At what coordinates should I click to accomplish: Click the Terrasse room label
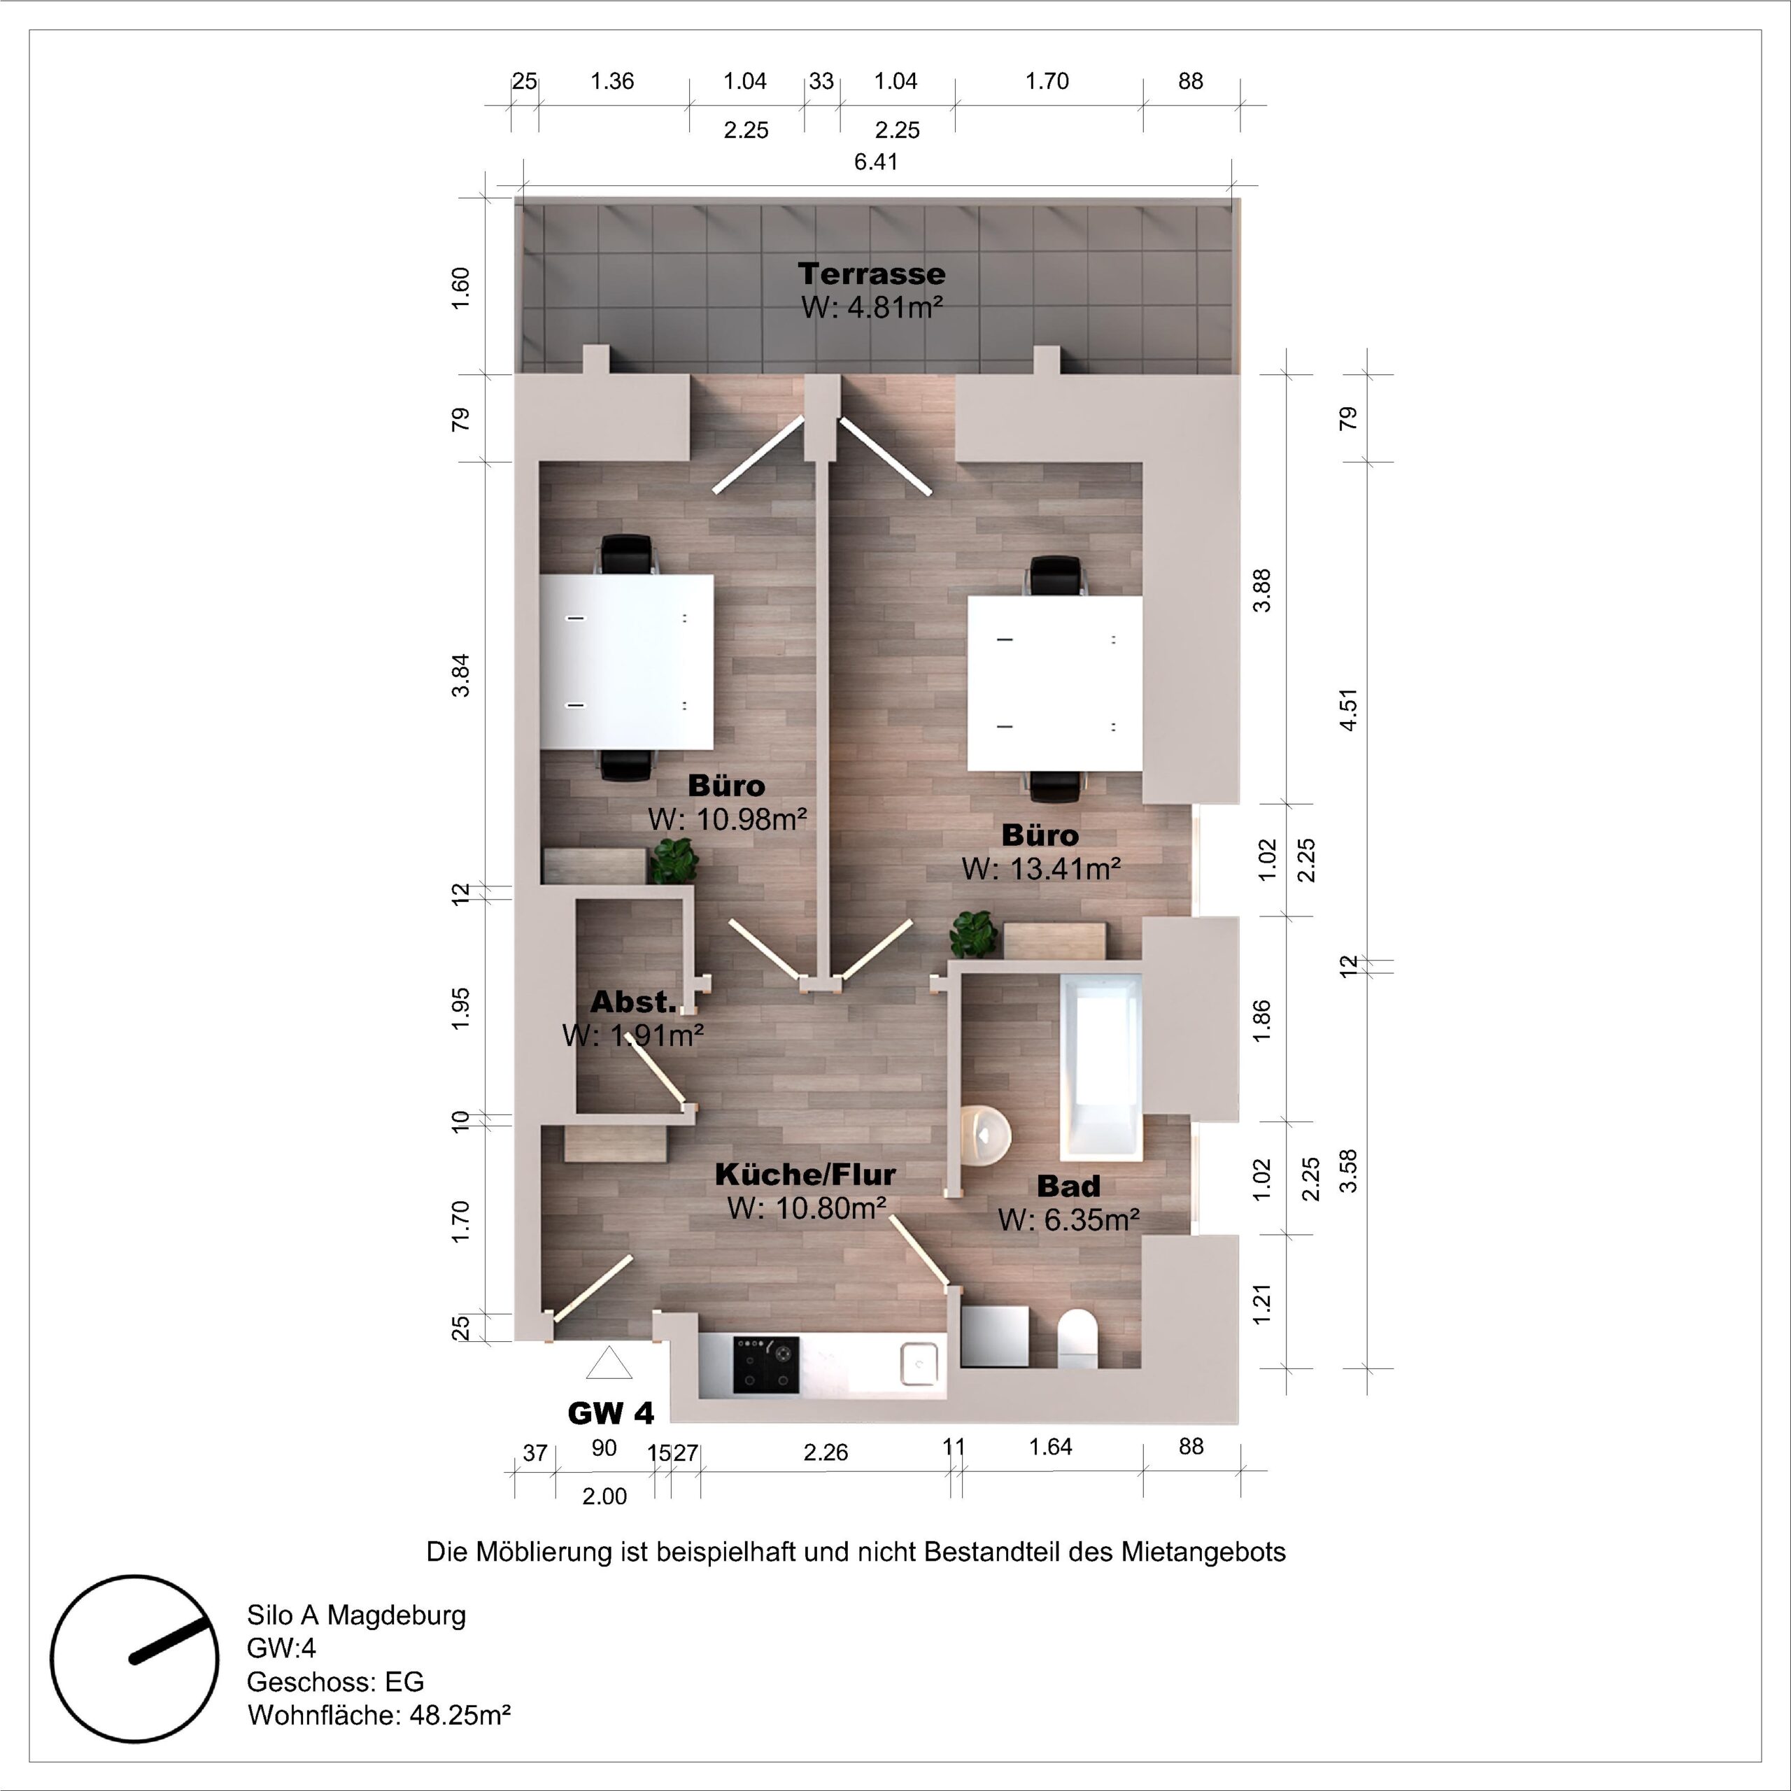872,274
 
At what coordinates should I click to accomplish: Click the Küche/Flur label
805,1175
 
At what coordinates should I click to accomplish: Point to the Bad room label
1068,1186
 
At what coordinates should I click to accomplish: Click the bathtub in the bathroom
1101,1064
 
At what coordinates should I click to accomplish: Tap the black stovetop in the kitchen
765,1364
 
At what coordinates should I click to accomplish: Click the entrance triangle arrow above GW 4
609,1364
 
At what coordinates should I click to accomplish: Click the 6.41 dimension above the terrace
876,162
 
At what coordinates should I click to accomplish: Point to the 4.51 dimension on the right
1349,709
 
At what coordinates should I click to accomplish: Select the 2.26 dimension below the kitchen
825,1452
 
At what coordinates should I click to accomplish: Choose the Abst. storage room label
633,1002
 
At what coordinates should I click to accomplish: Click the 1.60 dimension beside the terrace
461,288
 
